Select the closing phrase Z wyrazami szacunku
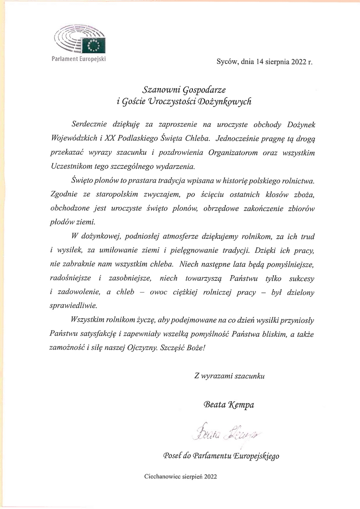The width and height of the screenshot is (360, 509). (230, 375)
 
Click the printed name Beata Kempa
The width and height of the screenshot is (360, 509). (229, 404)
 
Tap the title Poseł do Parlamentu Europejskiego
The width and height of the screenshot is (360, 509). (221, 456)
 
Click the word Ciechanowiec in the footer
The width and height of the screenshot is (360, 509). (162, 476)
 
